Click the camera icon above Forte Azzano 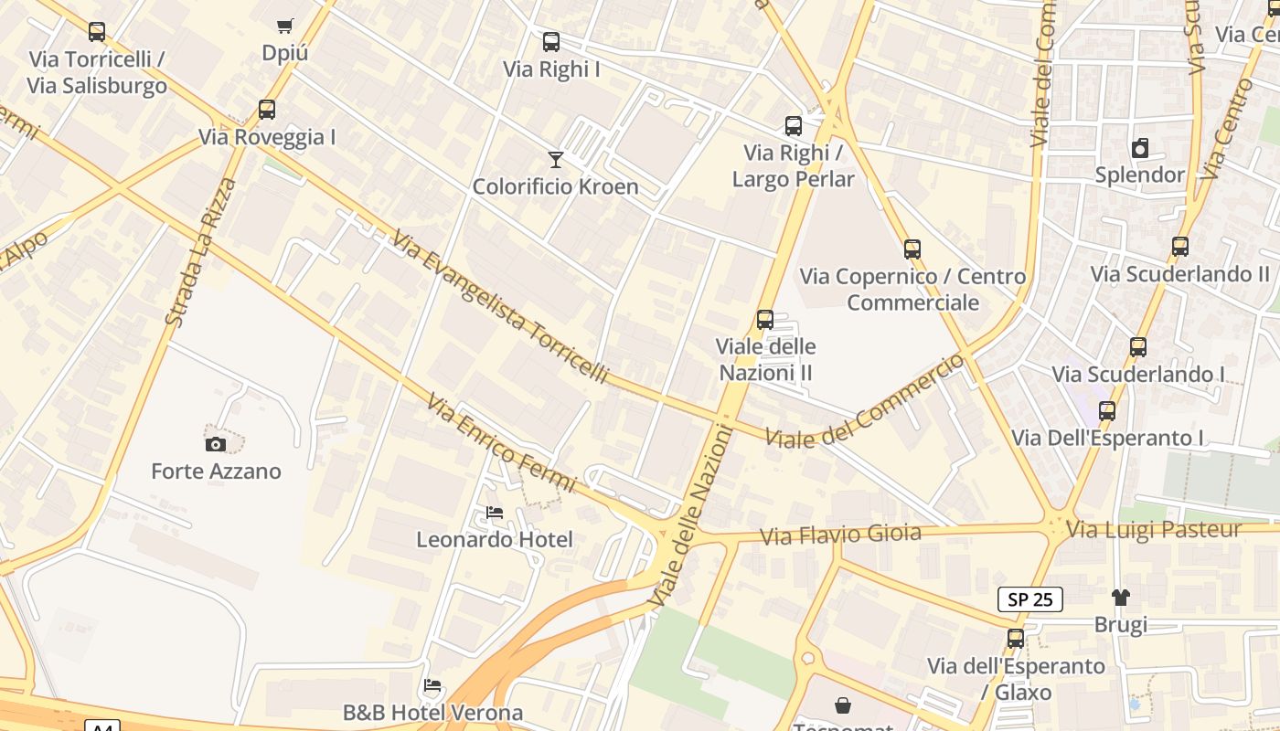pyautogui.click(x=216, y=444)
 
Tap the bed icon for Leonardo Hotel pyautogui.click(x=495, y=513)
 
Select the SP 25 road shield pyautogui.click(x=1029, y=599)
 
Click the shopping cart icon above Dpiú pyautogui.click(x=284, y=26)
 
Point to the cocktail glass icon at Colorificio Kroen pyautogui.click(x=555, y=160)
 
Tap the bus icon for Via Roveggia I pyautogui.click(x=266, y=110)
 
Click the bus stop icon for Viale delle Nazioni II pyautogui.click(x=765, y=320)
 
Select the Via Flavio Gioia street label pyautogui.click(x=841, y=534)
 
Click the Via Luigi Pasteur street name pyautogui.click(x=1155, y=529)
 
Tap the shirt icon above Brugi pyautogui.click(x=1121, y=598)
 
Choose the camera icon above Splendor pyautogui.click(x=1140, y=148)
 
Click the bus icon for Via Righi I pyautogui.click(x=551, y=42)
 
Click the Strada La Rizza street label pyautogui.click(x=200, y=252)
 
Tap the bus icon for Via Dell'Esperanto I pyautogui.click(x=1107, y=411)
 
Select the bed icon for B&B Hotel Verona pyautogui.click(x=433, y=685)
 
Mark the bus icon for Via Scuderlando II pyautogui.click(x=1180, y=247)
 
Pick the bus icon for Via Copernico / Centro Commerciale pyautogui.click(x=912, y=249)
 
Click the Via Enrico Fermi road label pyautogui.click(x=501, y=442)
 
